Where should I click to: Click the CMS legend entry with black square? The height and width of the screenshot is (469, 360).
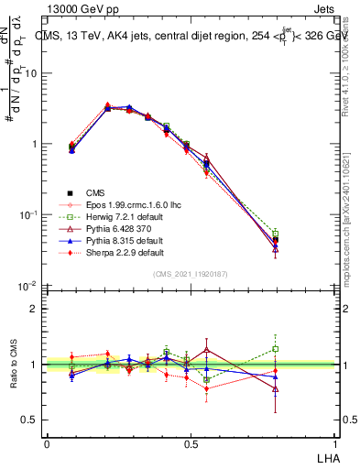(x=96, y=192)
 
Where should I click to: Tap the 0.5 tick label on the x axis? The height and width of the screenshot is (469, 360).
(x=191, y=443)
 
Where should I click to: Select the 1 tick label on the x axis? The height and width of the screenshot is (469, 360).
(x=334, y=443)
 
